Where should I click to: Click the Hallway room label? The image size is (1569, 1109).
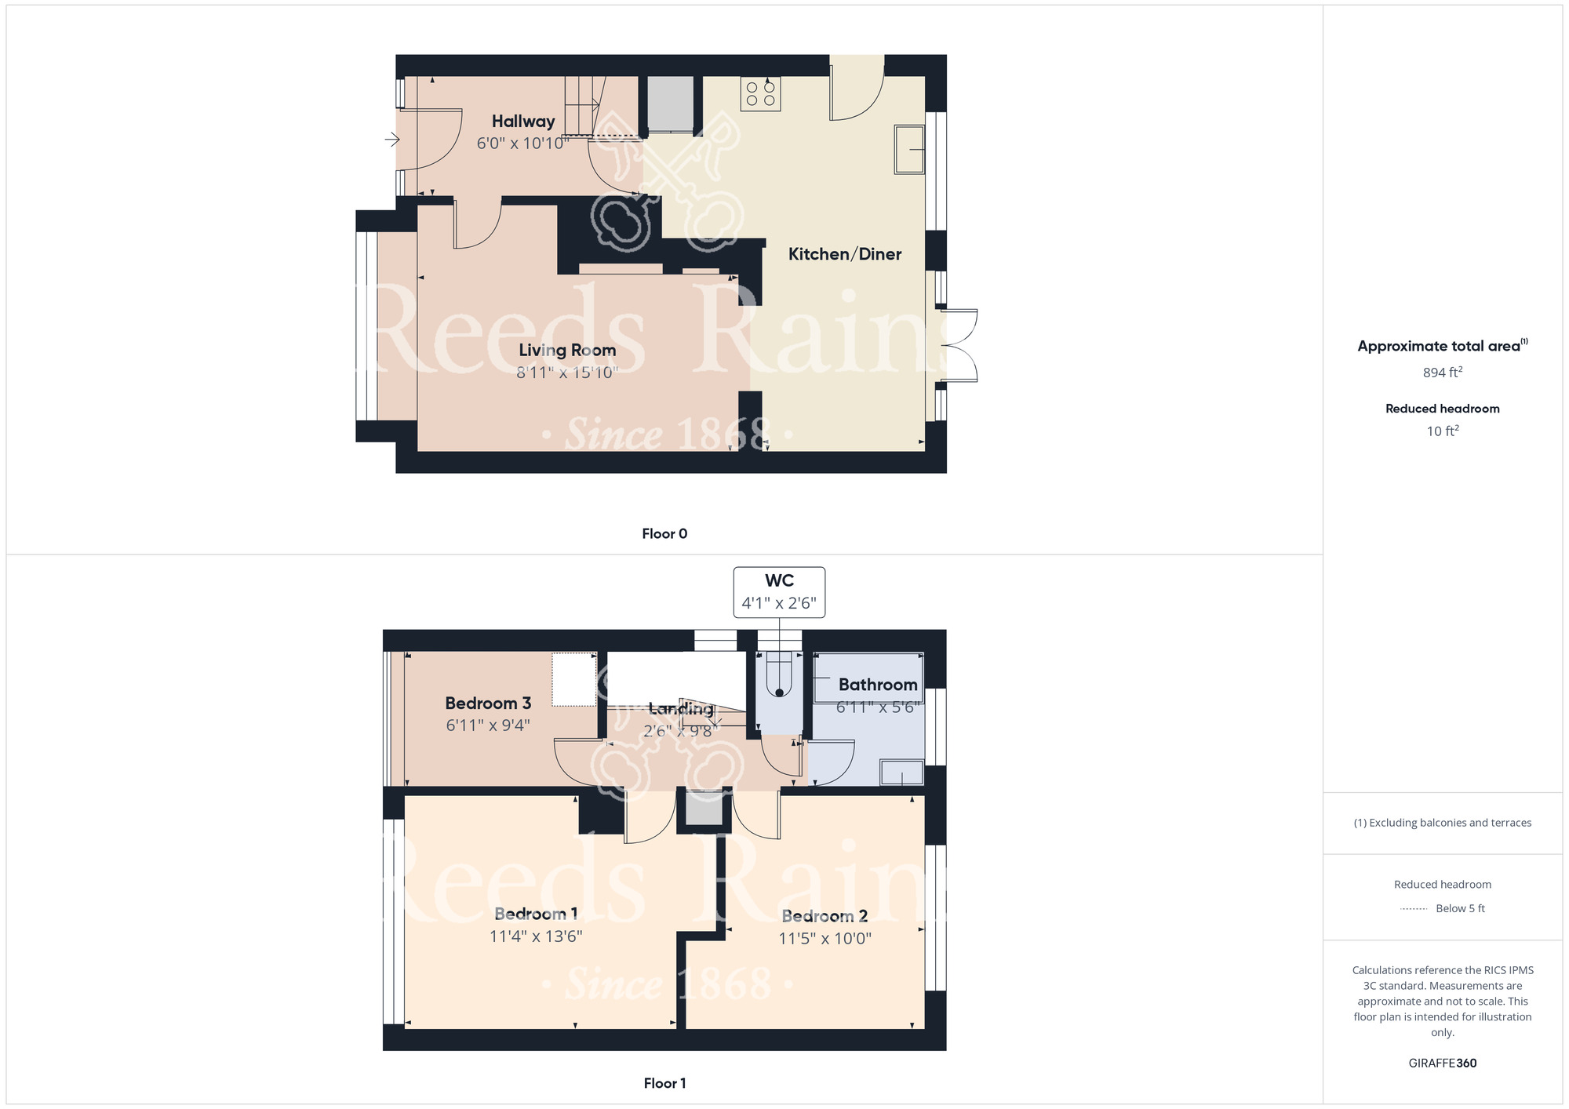[523, 122]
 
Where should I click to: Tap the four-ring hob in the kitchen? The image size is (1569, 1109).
[760, 94]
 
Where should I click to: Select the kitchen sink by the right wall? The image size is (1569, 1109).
[909, 149]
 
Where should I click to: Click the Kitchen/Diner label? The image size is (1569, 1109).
[845, 254]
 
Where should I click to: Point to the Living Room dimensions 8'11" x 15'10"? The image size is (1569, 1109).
[567, 373]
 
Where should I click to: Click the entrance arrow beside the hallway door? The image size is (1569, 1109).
[392, 140]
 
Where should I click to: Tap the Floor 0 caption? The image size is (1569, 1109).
[664, 534]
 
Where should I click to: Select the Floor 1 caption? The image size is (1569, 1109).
[664, 1083]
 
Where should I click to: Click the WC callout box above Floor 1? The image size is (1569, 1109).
[779, 592]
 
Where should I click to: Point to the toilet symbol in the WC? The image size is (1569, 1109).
[779, 674]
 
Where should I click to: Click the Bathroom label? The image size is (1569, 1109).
[878, 685]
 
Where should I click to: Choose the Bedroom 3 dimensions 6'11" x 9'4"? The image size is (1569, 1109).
[488, 725]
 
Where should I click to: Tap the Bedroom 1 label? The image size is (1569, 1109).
[536, 914]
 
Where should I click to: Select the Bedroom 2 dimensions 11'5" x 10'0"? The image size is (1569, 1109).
[825, 939]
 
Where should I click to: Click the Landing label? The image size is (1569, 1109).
[681, 709]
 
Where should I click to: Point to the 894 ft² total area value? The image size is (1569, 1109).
[1443, 373]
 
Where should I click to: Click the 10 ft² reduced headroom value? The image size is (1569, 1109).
[1443, 431]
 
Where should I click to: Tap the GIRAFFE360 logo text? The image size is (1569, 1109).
[1443, 1064]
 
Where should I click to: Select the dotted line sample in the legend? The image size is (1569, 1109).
[1414, 909]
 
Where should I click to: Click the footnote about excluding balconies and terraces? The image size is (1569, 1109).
[1443, 823]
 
